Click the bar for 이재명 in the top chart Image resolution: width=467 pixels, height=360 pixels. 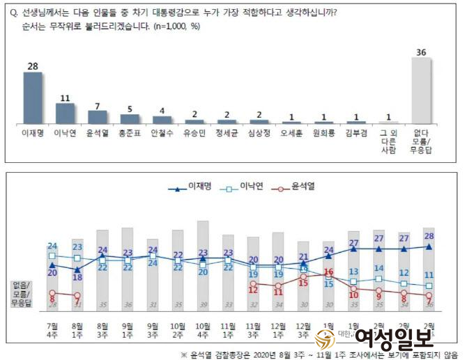tap(33, 97)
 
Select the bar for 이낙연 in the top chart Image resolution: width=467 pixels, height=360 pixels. tap(66, 113)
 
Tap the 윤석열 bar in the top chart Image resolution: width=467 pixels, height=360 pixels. tap(98, 116)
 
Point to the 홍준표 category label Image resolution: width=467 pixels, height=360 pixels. tap(130, 131)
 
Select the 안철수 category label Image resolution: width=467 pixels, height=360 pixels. tap(162, 131)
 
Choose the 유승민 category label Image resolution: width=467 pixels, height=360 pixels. tap(194, 131)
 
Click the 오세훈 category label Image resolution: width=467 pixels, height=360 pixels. tap(291, 131)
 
